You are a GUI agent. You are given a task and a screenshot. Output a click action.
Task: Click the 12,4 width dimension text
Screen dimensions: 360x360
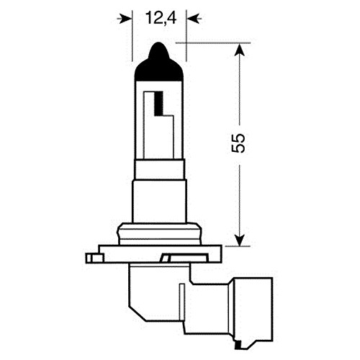[x=161, y=18]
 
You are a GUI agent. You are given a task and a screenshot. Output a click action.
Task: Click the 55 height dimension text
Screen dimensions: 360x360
[x=238, y=143]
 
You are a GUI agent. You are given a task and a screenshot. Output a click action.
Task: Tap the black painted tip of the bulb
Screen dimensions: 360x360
[x=159, y=63]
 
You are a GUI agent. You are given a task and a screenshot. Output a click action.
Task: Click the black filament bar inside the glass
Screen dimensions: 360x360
[x=158, y=104]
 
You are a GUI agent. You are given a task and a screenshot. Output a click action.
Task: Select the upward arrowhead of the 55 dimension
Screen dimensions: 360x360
[x=239, y=50]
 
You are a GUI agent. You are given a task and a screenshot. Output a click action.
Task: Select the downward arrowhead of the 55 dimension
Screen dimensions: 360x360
[x=239, y=240]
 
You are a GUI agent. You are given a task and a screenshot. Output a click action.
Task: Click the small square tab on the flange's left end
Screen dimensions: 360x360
[x=94, y=258]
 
